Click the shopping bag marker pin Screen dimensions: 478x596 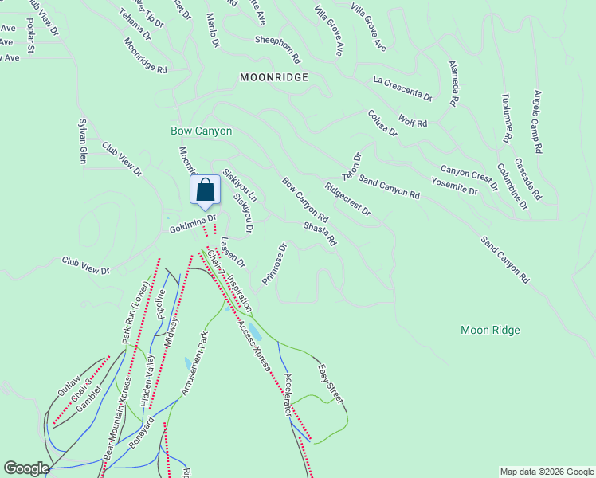pyautogui.click(x=205, y=191)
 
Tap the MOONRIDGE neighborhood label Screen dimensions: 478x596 pyautogui.click(x=273, y=77)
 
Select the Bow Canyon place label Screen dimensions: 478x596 pyautogui.click(x=201, y=131)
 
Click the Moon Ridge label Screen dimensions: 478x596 pyautogui.click(x=490, y=330)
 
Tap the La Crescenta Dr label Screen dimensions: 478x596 pyautogui.click(x=402, y=88)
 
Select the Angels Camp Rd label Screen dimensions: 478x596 pyautogui.click(x=538, y=121)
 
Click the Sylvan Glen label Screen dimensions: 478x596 pyautogui.click(x=81, y=141)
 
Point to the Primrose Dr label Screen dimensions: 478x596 pyautogui.click(x=273, y=264)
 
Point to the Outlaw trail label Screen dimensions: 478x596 pyautogui.click(x=69, y=384)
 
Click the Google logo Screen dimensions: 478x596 pyautogui.click(x=26, y=468)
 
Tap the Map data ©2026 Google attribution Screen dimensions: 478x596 pyautogui.click(x=546, y=472)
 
